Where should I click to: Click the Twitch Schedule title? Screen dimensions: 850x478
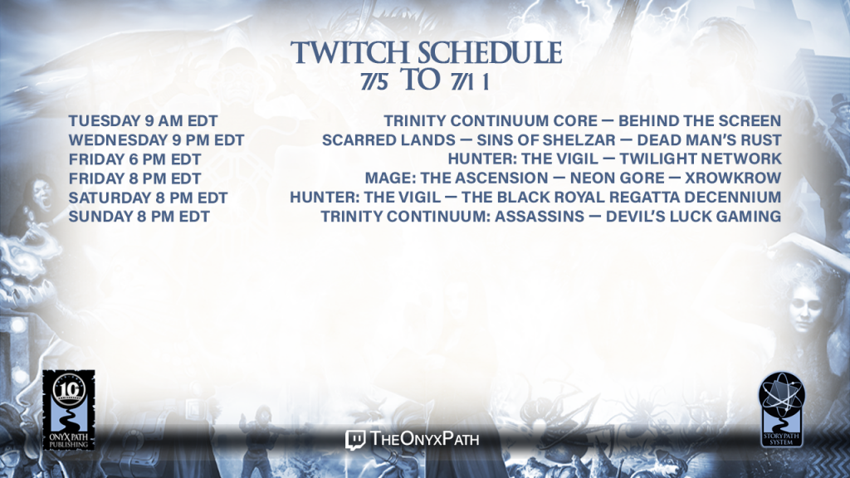[x=426, y=52]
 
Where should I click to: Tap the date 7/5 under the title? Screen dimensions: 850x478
[x=374, y=81]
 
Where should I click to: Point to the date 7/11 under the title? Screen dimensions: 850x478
[x=470, y=81]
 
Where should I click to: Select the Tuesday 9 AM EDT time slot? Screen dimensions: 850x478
[x=143, y=121]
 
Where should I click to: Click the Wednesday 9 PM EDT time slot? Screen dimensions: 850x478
[x=156, y=139]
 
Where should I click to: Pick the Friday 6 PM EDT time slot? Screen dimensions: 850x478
[x=134, y=159]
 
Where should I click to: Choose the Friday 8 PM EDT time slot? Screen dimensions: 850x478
[x=134, y=178]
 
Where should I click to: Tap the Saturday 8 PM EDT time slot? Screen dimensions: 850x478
[x=148, y=198]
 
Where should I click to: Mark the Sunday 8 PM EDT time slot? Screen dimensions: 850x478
[x=139, y=217]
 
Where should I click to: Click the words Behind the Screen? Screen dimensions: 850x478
[x=700, y=121]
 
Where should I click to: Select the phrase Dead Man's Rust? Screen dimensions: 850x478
[x=709, y=139]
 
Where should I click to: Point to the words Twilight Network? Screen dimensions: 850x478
[x=701, y=159]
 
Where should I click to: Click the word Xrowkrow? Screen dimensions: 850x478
[x=733, y=178]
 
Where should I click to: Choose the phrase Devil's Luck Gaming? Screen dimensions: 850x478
[x=693, y=217]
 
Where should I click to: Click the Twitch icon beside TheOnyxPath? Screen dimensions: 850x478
[x=355, y=440]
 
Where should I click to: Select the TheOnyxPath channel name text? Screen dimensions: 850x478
[x=424, y=438]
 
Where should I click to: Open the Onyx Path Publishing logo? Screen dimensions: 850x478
[x=68, y=410]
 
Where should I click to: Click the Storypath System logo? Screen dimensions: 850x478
[x=781, y=409]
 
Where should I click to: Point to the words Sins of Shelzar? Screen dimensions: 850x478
[x=546, y=139]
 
